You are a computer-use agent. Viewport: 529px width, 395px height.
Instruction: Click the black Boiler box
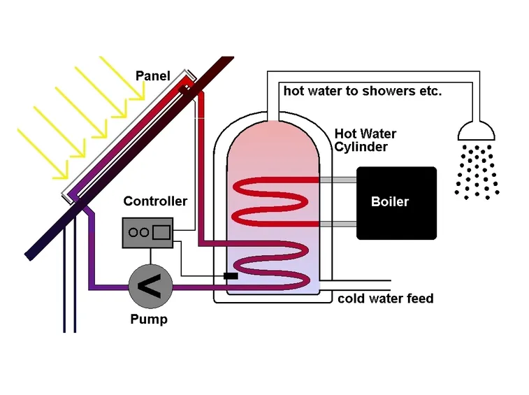click(396, 203)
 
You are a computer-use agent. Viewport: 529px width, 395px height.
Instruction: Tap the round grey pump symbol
click(150, 287)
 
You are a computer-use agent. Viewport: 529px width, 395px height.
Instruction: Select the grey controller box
click(147, 233)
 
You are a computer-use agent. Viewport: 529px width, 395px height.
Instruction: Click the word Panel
click(152, 76)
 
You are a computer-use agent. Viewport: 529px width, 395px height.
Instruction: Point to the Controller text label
click(155, 201)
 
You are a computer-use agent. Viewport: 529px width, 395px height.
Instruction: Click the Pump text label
click(149, 319)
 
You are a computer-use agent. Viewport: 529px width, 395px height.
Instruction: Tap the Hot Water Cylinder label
click(365, 140)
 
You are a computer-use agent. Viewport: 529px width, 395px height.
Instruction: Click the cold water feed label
click(386, 299)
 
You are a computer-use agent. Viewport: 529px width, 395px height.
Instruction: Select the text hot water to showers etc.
click(363, 91)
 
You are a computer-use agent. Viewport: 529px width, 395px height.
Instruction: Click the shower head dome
click(476, 131)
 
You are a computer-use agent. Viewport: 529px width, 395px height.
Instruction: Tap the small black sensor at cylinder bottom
click(231, 276)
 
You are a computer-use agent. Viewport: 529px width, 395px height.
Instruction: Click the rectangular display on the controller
click(161, 232)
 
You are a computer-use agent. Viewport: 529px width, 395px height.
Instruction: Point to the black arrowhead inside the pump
click(149, 287)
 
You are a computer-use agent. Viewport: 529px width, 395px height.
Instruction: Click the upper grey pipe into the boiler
click(338, 180)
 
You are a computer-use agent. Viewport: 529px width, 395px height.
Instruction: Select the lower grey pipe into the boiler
click(338, 224)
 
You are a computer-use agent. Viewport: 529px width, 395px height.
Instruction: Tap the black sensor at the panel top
click(184, 89)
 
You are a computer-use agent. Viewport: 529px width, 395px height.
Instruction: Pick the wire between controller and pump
click(150, 257)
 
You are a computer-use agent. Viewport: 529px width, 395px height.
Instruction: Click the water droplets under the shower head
click(477, 172)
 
